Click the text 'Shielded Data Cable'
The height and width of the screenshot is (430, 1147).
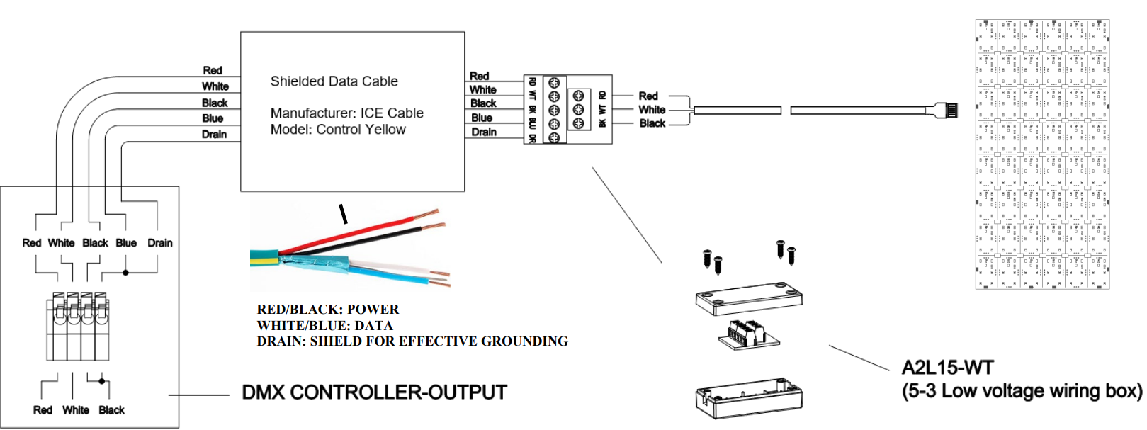click(x=334, y=81)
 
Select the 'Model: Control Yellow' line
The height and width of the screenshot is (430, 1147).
click(x=338, y=130)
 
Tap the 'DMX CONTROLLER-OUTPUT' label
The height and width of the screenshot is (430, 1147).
click(x=374, y=392)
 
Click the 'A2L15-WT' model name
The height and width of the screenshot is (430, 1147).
click(x=947, y=368)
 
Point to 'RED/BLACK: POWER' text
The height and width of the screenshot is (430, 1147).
click(x=327, y=310)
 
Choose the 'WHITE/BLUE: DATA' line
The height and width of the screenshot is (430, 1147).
click(x=324, y=326)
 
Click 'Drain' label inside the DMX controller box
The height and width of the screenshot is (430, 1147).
click(x=159, y=243)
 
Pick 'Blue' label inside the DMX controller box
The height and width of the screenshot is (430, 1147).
click(x=126, y=243)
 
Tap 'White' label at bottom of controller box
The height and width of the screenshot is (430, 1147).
click(x=76, y=410)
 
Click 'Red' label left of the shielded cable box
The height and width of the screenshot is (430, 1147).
click(x=213, y=71)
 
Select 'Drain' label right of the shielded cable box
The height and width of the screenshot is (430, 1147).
click(x=484, y=132)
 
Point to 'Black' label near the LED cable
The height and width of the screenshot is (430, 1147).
click(x=652, y=123)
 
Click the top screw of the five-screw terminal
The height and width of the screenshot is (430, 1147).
click(x=554, y=83)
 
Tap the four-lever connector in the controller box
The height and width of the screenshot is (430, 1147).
click(x=78, y=326)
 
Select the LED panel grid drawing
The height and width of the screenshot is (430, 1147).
click(x=1042, y=154)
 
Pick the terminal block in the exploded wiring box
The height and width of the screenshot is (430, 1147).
click(x=747, y=334)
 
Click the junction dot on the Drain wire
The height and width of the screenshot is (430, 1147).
click(x=125, y=273)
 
